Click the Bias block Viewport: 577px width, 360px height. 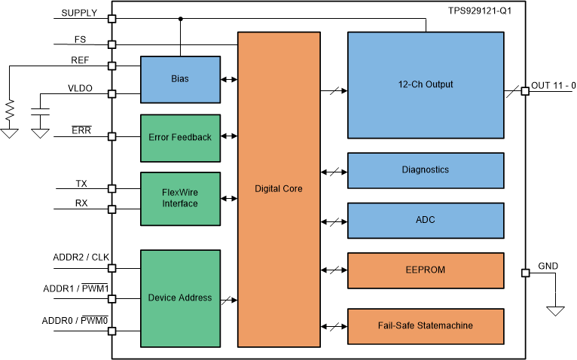tap(180, 79)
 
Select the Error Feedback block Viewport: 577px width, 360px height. tap(180, 137)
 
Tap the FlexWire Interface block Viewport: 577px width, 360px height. tap(180, 199)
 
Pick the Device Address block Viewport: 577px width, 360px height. tap(180, 297)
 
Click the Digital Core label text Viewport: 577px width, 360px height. tap(279, 189)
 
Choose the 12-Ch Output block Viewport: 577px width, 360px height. tap(425, 85)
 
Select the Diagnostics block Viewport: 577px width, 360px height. tap(425, 170)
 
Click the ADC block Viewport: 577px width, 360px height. tap(425, 220)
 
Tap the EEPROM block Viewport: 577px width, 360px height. tap(425, 270)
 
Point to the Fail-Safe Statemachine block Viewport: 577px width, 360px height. tap(425, 326)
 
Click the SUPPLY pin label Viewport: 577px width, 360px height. tap(78, 13)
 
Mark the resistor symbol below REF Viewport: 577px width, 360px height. tap(10, 111)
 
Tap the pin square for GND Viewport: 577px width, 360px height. tap(525, 273)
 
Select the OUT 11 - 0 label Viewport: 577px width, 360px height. tap(553, 85)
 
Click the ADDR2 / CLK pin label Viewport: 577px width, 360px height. tap(81, 258)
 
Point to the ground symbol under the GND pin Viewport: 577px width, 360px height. tap(556, 310)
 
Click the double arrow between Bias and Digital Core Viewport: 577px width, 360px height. tap(229, 79)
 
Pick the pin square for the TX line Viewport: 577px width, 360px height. tap(112, 188)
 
